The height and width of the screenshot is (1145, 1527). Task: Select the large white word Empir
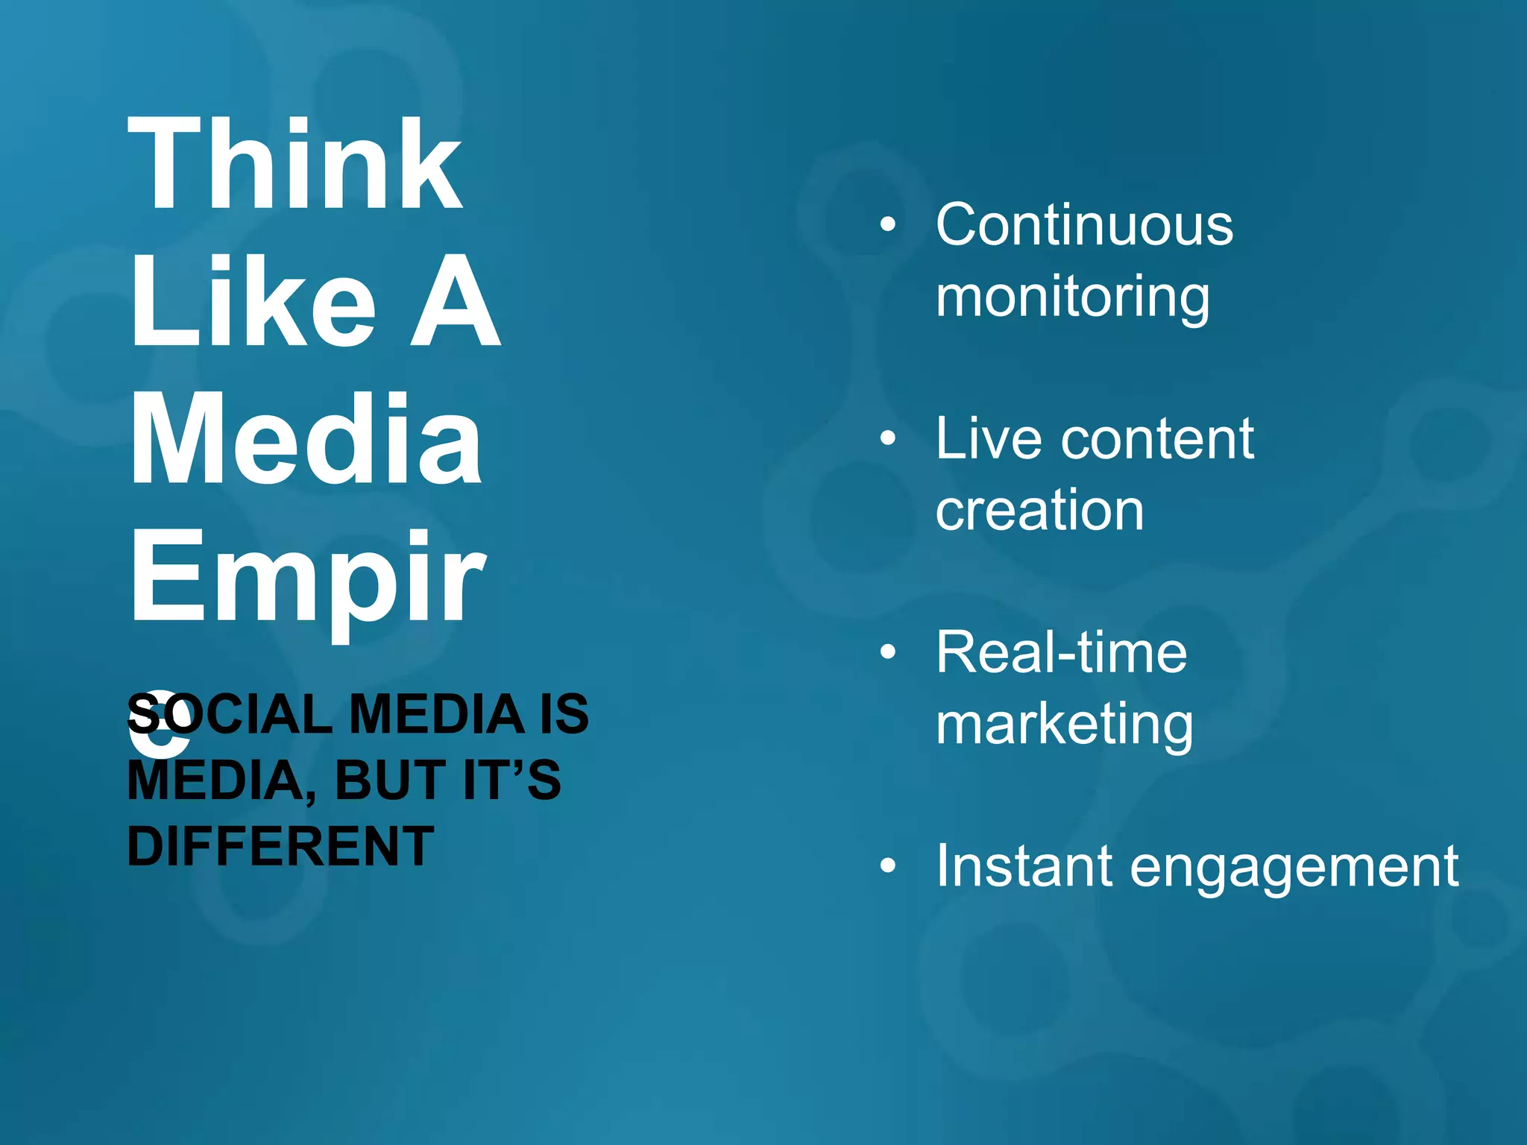(x=308, y=578)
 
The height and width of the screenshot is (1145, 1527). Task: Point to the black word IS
(x=564, y=713)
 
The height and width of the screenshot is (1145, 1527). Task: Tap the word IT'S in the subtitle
(x=511, y=780)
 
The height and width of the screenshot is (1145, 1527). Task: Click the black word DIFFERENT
(x=280, y=846)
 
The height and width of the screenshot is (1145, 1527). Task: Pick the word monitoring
(x=1073, y=297)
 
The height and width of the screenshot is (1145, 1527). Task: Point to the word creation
(x=1039, y=511)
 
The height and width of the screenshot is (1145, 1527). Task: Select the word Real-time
(x=1061, y=652)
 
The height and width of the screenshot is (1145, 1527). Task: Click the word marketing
(x=1065, y=725)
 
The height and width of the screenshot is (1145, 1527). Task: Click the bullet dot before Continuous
(x=887, y=224)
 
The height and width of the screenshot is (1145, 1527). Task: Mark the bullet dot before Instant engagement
(x=887, y=865)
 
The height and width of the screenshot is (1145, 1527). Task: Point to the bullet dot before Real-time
(x=887, y=652)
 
